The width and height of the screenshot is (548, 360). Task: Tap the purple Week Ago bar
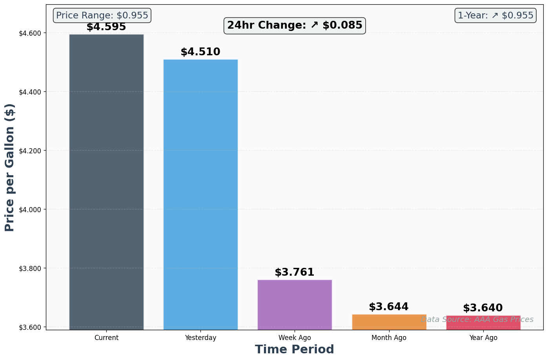coord(295,304)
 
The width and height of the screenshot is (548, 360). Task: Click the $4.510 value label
coord(200,52)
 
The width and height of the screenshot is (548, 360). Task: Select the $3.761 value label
coord(295,272)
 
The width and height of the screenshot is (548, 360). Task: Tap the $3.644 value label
coord(389,307)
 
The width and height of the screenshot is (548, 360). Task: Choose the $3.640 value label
coord(483,308)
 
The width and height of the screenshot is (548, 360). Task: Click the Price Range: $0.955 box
coord(102,16)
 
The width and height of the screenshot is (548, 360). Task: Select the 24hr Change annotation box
coord(295,25)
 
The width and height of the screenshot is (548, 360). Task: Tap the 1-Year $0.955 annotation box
coord(495,16)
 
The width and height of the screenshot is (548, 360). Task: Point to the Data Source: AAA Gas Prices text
coord(477,320)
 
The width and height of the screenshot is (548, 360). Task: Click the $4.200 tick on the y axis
coord(29,151)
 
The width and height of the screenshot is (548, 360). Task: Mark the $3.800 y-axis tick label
coord(29,268)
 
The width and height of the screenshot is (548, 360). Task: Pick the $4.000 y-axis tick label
coord(29,209)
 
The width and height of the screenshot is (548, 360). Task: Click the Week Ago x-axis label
coord(295,338)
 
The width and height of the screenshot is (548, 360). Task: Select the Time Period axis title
coord(295,349)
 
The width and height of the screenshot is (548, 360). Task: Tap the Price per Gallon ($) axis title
coord(10,167)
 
